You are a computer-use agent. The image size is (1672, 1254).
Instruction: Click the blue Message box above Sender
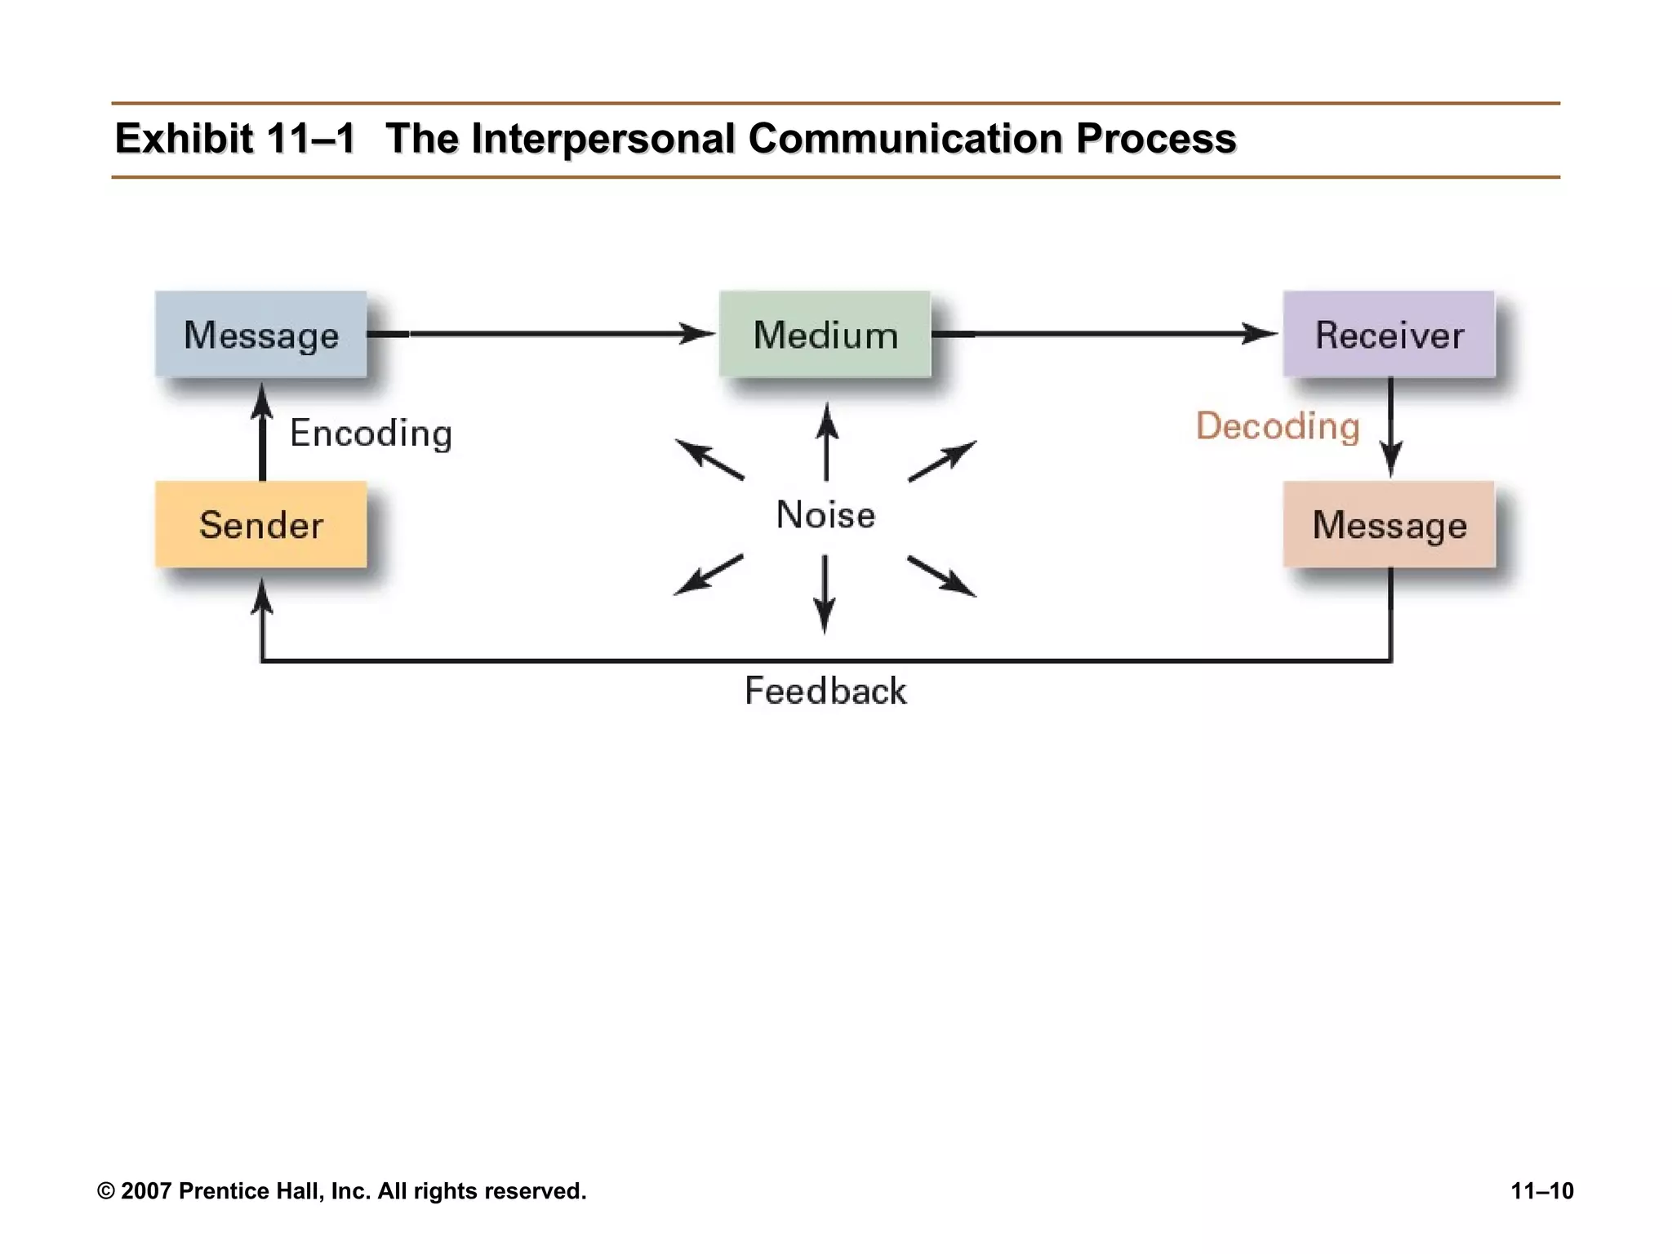[260, 334]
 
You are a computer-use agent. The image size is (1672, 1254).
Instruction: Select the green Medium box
[825, 334]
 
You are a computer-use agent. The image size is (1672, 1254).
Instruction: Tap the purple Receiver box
[1389, 334]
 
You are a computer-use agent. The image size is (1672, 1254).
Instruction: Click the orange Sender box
[260, 524]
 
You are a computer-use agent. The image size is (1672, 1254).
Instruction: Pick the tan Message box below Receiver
[1389, 524]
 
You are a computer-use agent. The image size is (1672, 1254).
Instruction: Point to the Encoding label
[371, 433]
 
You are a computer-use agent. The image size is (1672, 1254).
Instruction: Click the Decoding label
[1278, 426]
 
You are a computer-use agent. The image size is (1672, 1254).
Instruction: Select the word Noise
[825, 514]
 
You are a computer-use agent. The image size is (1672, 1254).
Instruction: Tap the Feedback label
[825, 691]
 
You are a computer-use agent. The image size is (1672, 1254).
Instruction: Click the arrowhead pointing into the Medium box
[698, 333]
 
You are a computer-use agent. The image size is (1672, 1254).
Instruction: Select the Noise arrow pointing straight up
[826, 441]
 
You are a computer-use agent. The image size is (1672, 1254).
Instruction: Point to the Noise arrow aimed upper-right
[942, 461]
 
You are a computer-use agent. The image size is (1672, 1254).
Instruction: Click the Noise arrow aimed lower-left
[708, 575]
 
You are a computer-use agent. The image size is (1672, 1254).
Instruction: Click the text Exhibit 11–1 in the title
[234, 138]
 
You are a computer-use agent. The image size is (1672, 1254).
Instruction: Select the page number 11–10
[1541, 1190]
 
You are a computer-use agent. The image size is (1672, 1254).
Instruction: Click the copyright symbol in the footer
[105, 1191]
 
